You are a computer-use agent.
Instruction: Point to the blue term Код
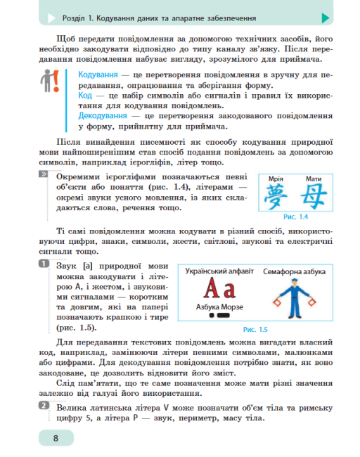pyautogui.click(x=85, y=95)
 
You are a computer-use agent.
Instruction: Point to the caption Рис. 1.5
pyautogui.click(x=255, y=328)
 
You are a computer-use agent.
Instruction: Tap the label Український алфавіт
pyautogui.click(x=218, y=271)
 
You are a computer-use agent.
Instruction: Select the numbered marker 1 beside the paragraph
pyautogui.click(x=44, y=263)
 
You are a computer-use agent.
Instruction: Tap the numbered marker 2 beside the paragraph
pyautogui.click(x=44, y=406)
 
